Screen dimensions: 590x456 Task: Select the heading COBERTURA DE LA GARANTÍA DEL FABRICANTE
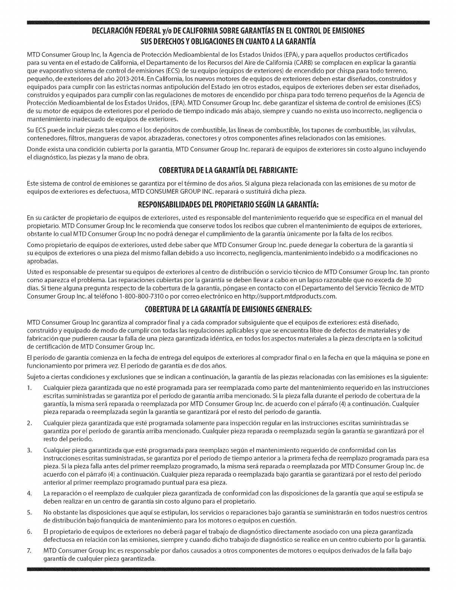coord(228,171)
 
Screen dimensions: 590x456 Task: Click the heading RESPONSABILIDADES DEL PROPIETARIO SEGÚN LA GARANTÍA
coord(228,205)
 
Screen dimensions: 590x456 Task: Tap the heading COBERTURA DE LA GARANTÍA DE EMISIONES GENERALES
coord(228,310)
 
